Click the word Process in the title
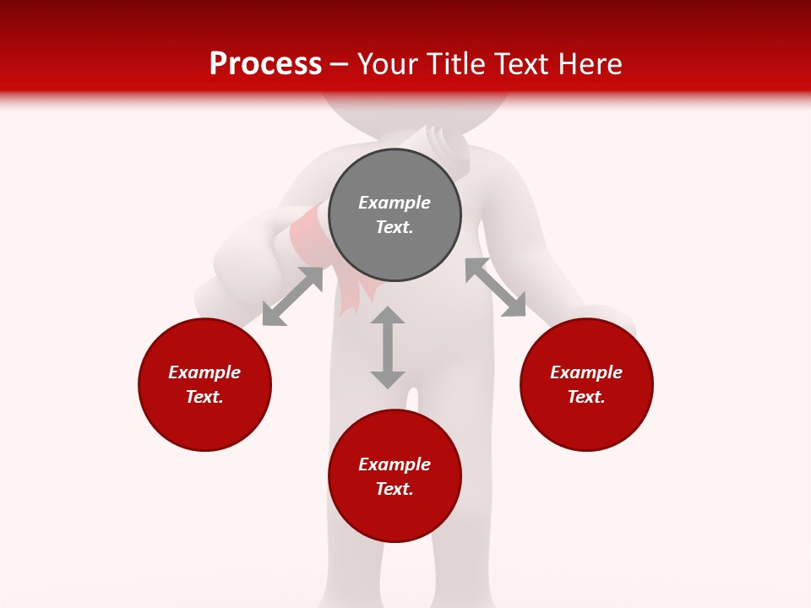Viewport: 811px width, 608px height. (265, 64)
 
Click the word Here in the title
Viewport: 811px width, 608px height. (590, 64)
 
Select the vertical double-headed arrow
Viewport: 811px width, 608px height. (388, 347)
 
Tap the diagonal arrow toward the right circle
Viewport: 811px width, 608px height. (496, 287)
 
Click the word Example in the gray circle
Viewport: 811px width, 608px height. (395, 203)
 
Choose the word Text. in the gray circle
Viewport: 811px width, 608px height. (395, 227)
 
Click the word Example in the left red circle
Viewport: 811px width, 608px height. (204, 372)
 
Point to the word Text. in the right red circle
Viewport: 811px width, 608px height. (586, 397)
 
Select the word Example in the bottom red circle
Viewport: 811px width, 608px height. (395, 464)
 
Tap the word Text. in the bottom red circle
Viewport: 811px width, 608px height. (395, 489)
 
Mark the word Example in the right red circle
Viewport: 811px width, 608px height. (586, 372)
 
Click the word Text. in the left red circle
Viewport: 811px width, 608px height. (204, 397)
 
